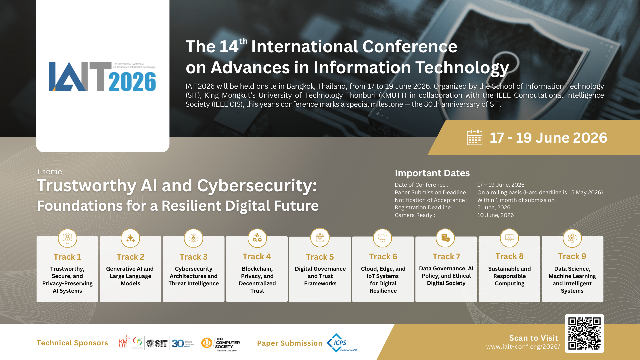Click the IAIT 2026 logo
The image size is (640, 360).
pyautogui.click(x=102, y=77)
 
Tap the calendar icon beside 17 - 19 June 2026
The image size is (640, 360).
pyautogui.click(x=474, y=138)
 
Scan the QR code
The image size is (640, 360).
pyautogui.click(x=584, y=333)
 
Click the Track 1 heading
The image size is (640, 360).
pyautogui.click(x=67, y=257)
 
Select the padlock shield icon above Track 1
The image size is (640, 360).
pyautogui.click(x=67, y=238)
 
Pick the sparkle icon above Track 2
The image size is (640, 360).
pyautogui.click(x=130, y=238)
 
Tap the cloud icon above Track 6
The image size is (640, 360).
pyautogui.click(x=383, y=238)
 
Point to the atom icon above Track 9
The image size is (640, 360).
pyautogui.click(x=572, y=238)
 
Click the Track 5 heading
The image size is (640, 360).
pyautogui.click(x=320, y=257)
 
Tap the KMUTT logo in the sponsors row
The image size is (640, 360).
pyautogui.click(x=124, y=342)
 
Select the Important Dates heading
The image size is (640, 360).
pyautogui.click(x=432, y=173)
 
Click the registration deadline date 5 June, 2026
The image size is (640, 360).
pyautogui.click(x=494, y=207)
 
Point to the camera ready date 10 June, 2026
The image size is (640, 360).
pyautogui.click(x=495, y=215)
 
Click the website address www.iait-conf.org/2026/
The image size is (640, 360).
pyautogui.click(x=523, y=347)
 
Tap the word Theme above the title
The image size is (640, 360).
pyautogui.click(x=49, y=172)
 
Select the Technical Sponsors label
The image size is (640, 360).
pyautogui.click(x=72, y=343)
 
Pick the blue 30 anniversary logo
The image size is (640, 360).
pyautogui.click(x=178, y=343)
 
